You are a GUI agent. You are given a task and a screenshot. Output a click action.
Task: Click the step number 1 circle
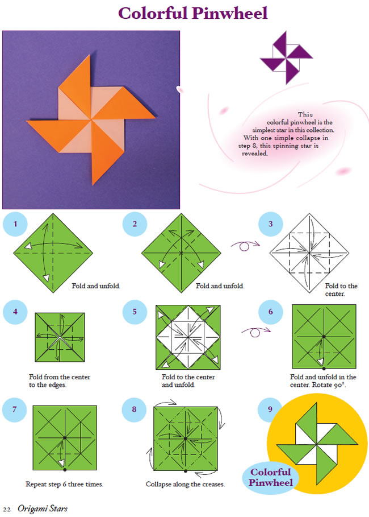pos(15,224)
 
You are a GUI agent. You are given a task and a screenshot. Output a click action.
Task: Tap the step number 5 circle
pos(135,312)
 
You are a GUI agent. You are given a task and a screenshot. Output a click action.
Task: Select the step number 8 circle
pos(134,410)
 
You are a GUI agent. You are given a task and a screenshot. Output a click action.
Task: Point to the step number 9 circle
pos(270,409)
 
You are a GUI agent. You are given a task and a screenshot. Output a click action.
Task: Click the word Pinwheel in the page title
pos(230,14)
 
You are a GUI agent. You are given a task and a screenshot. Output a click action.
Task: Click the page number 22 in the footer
pos(7,510)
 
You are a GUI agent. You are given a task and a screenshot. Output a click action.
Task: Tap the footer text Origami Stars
pos(43,509)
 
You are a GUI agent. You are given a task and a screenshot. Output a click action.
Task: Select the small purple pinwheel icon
pos(286,57)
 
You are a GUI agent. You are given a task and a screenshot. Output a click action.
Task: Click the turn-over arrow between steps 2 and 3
pos(245,245)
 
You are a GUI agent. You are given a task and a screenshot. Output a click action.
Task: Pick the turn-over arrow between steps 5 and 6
pos(256,332)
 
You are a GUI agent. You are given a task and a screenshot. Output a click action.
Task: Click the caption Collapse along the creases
pos(185,484)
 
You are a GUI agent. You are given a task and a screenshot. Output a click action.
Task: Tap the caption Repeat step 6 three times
pos(65,484)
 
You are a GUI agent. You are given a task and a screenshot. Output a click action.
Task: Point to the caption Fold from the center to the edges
pos(59,381)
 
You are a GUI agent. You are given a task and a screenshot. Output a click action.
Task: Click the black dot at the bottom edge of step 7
pos(65,470)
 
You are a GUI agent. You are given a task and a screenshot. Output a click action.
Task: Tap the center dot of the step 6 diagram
pos(324,337)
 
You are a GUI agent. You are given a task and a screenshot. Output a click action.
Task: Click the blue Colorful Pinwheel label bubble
pos(271,477)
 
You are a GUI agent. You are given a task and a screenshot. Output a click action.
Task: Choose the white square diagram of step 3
pos(309,253)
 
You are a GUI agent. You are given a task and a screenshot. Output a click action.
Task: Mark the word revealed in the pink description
pos(255,154)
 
